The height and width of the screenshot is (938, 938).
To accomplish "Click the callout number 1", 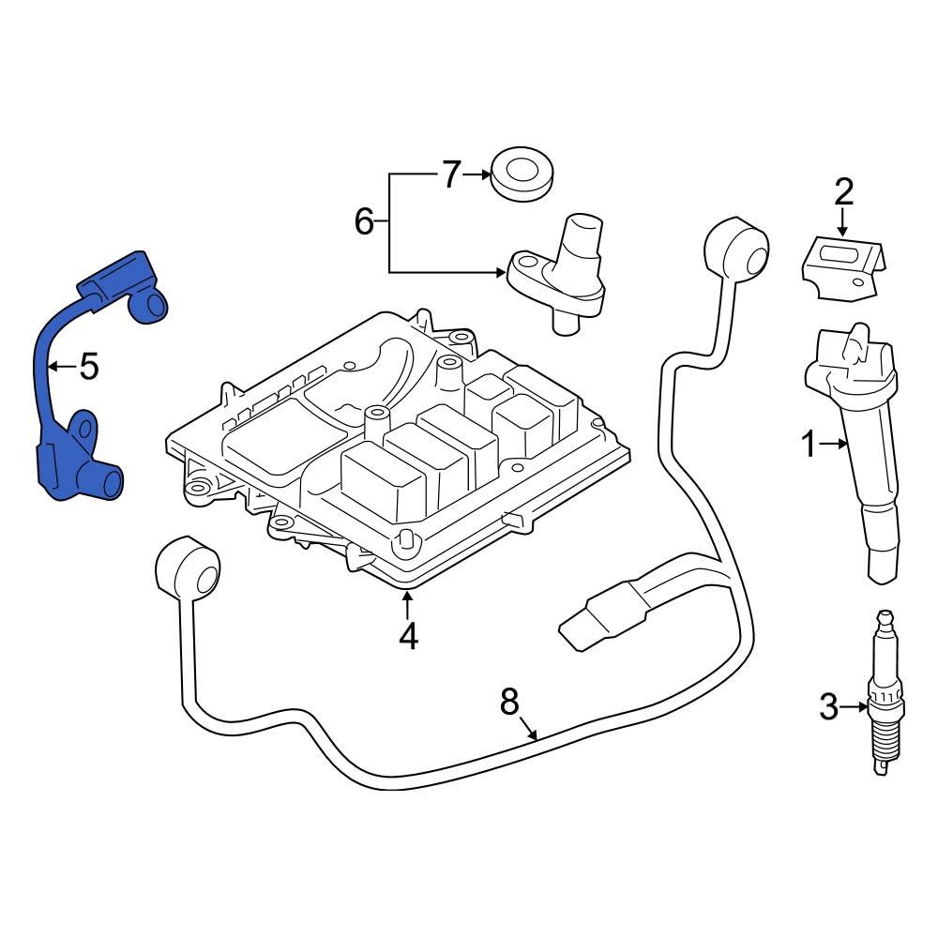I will (809, 446).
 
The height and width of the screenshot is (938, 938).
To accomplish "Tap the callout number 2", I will (843, 192).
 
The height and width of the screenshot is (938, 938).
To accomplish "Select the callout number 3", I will (827, 706).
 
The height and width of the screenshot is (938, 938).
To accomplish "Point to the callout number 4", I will (407, 637).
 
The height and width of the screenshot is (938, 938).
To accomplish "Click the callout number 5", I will (88, 367).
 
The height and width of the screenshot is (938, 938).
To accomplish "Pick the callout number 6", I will (365, 222).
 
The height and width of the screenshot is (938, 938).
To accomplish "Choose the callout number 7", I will (451, 174).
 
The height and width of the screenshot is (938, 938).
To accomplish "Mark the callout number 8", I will (509, 701).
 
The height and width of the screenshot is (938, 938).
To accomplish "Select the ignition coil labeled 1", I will (858, 441).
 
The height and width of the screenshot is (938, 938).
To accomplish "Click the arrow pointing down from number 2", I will (842, 224).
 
